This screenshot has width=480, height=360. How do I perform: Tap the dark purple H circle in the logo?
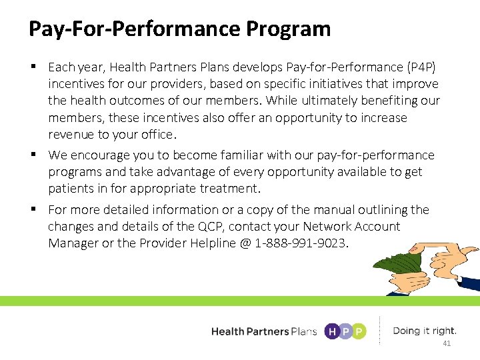pos(331,331)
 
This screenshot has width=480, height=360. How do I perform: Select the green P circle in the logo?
pos(359,331)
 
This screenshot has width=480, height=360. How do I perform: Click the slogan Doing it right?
pos(425,331)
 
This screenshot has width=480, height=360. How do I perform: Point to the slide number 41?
pos(447,343)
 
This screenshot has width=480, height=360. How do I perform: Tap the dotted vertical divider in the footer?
pos(379,331)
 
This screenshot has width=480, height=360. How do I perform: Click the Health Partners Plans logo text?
pos(264,331)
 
